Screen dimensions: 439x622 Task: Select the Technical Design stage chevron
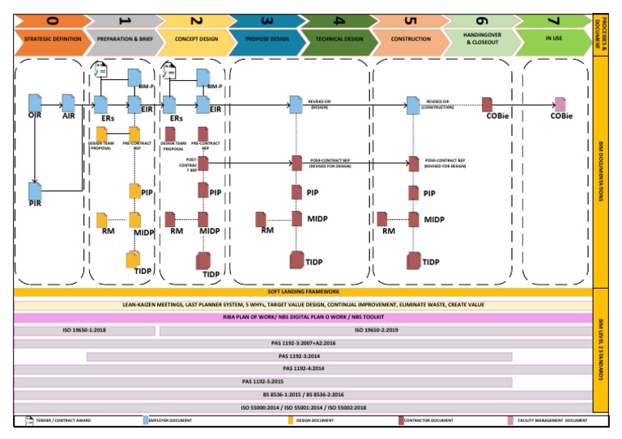pyautogui.click(x=339, y=38)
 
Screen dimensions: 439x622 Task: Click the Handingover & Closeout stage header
pyautogui.click(x=483, y=38)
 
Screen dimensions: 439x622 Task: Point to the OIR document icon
pyautogui.click(x=35, y=103)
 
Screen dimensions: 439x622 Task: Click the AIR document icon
pyautogui.click(x=69, y=103)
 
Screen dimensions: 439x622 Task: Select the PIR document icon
pyautogui.click(x=35, y=191)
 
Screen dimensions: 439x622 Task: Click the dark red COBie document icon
pyautogui.click(x=488, y=104)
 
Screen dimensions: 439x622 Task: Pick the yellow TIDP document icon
pyautogui.click(x=134, y=260)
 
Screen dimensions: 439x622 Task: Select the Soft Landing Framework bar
pyautogui.click(x=303, y=292)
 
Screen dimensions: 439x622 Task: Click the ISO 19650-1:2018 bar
pyautogui.click(x=84, y=331)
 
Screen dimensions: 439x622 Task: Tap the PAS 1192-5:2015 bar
pyautogui.click(x=263, y=382)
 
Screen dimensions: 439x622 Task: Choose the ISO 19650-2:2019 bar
pyautogui.click(x=375, y=331)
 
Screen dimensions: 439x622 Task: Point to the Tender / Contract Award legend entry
pyautogui.click(x=65, y=420)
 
